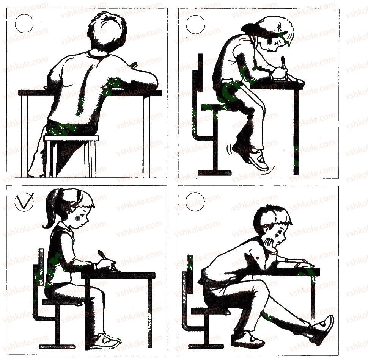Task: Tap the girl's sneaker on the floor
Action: click(105, 341)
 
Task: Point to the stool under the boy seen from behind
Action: click(72, 156)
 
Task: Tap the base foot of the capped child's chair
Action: click(215, 173)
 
